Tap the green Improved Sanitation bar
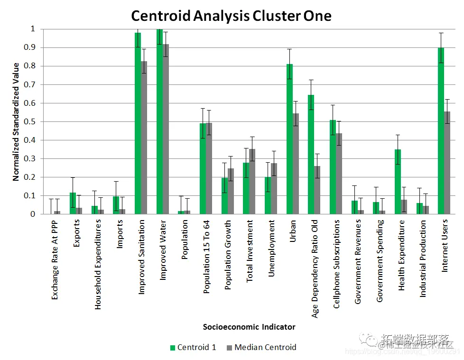[x=138, y=123]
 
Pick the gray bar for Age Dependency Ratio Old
[x=317, y=190]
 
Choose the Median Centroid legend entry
[x=261, y=347]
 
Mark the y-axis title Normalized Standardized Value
[x=16, y=121]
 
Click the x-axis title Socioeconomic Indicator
[x=249, y=327]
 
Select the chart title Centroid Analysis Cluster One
[x=231, y=16]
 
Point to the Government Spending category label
[x=379, y=260]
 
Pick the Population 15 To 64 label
[x=206, y=257]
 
